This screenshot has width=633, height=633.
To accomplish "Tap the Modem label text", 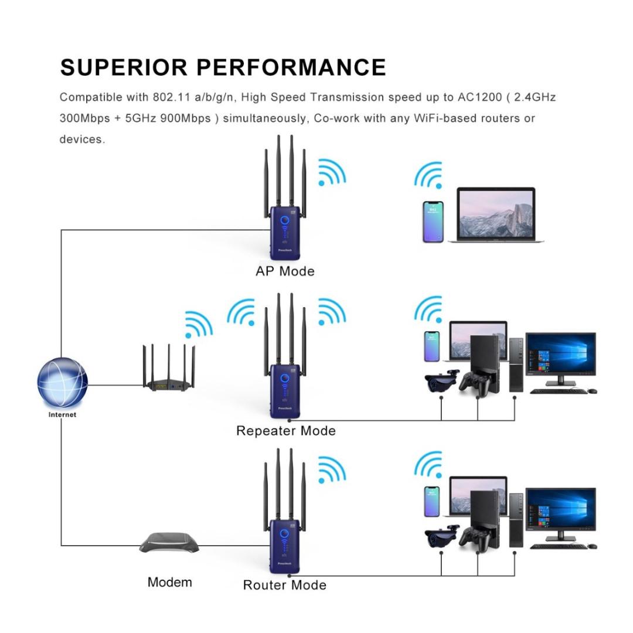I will (169, 582).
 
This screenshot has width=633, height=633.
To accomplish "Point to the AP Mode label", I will (285, 271).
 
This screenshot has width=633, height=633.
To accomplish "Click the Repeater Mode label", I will (285, 431).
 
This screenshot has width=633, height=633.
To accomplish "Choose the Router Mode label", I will (284, 585).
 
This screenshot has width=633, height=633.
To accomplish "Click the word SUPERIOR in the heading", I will (123, 67).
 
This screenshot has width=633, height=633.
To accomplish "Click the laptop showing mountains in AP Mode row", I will (496, 215).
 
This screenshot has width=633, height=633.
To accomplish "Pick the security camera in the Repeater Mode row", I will (441, 381).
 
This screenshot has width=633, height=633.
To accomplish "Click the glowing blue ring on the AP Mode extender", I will (285, 221).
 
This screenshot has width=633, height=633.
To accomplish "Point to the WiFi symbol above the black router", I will (198, 324).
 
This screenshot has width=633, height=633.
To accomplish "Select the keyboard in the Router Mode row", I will (557, 546).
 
